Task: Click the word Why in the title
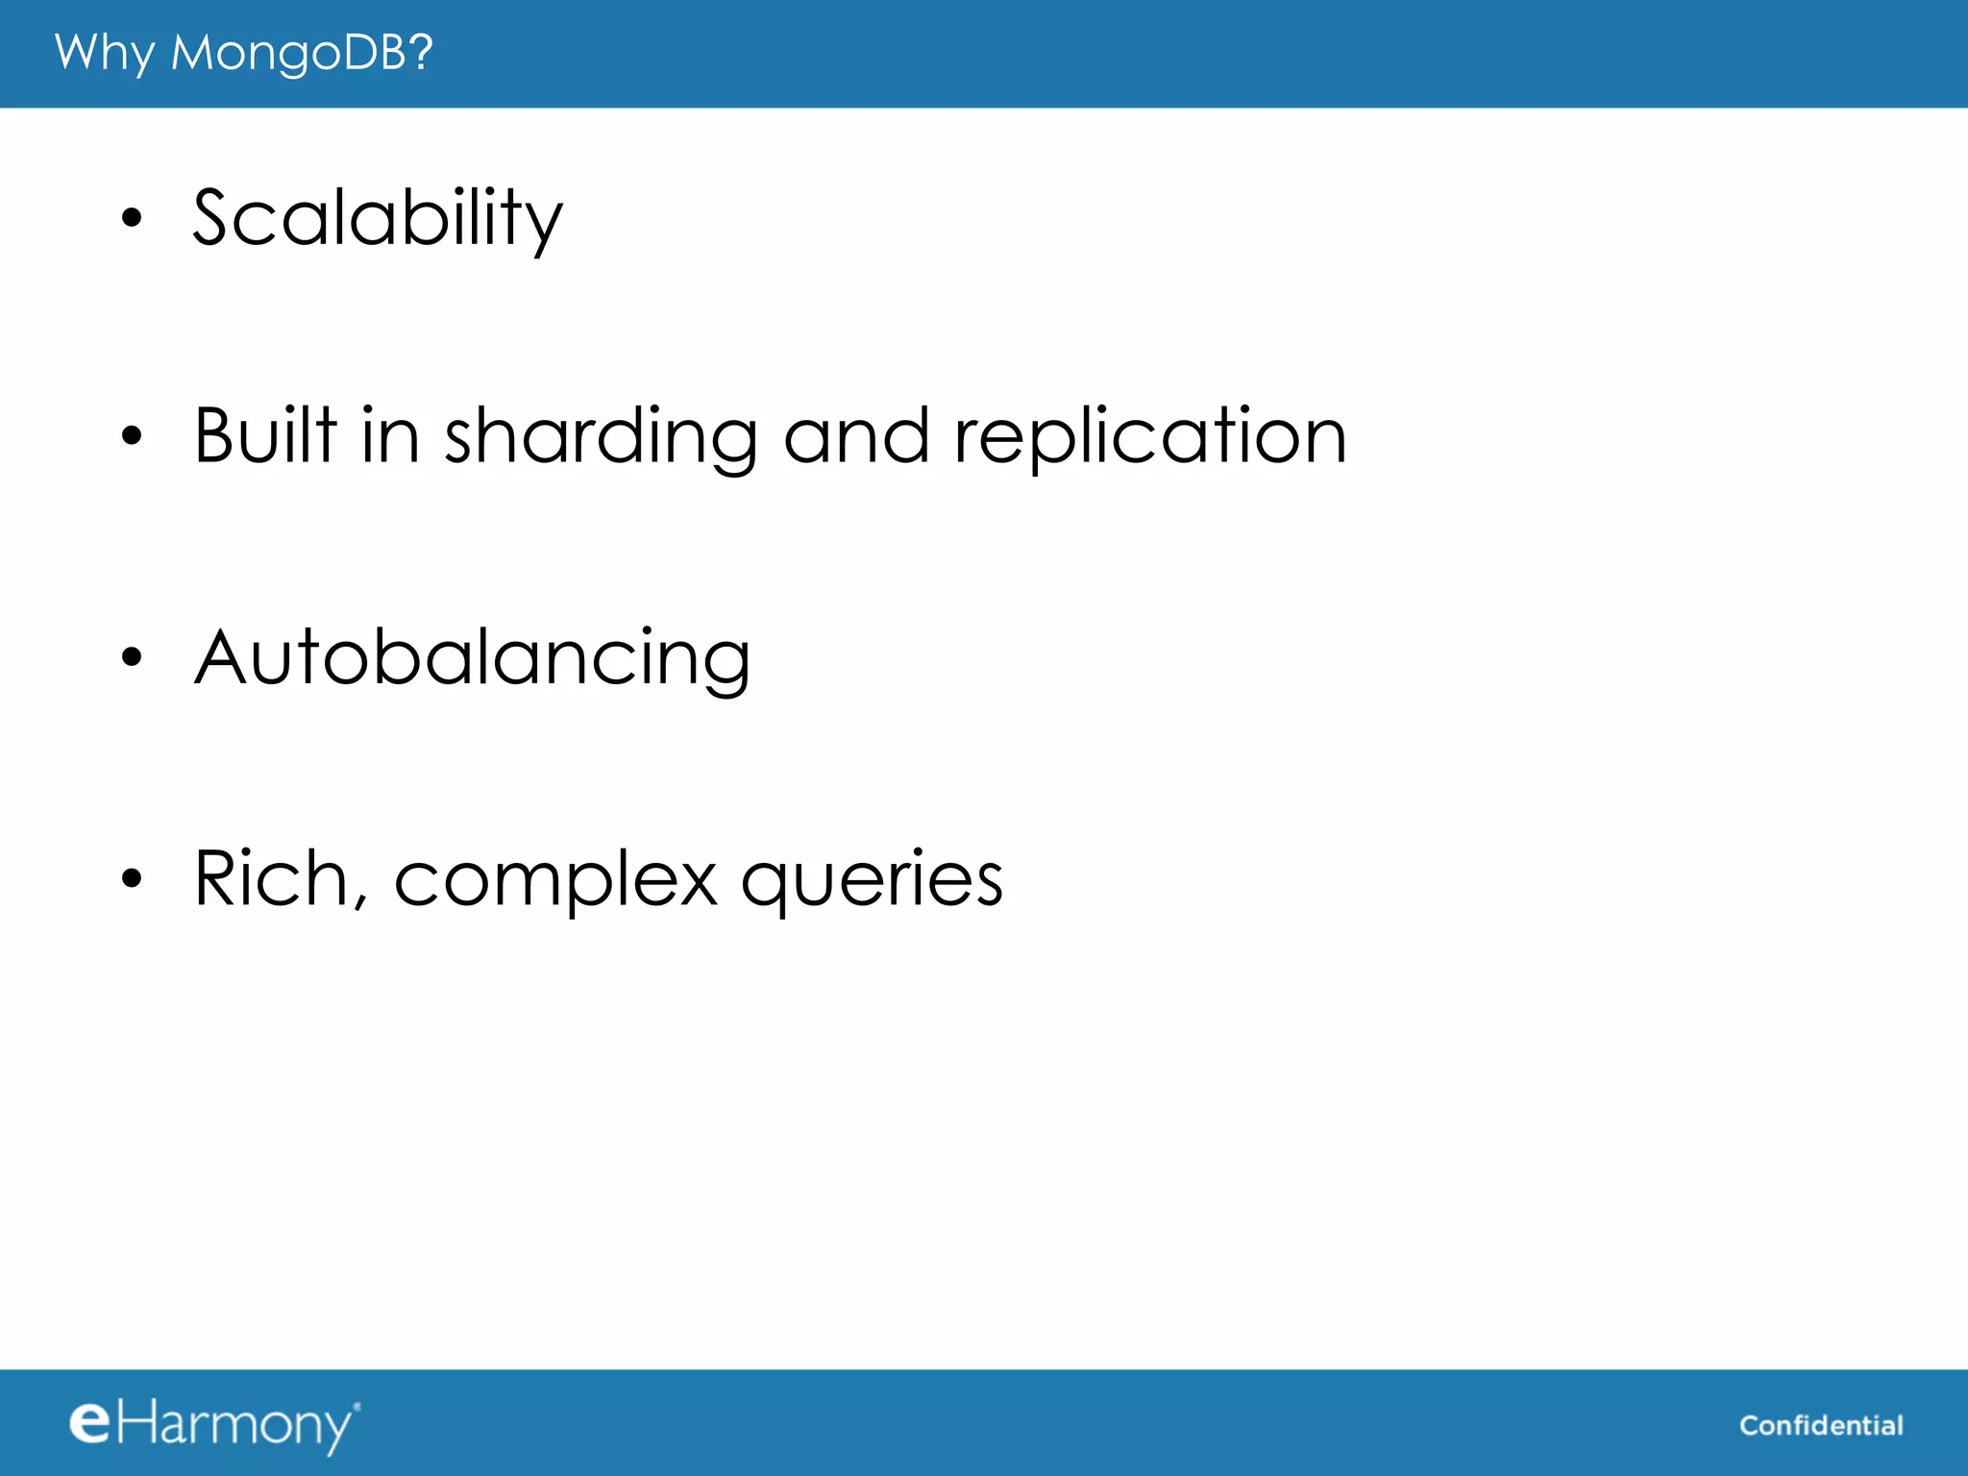(104, 53)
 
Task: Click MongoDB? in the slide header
(302, 53)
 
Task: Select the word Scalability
(378, 219)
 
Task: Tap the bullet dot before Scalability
(132, 218)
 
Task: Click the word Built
(265, 436)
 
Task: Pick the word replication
(1150, 438)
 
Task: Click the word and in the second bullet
(856, 436)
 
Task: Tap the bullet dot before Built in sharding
(132, 437)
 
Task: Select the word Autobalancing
(472, 659)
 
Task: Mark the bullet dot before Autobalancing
(132, 658)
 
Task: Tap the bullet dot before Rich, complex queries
(132, 878)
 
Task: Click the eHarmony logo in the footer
(214, 1424)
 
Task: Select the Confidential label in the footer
(1821, 1425)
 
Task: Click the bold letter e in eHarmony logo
(90, 1422)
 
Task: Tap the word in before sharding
(390, 436)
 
